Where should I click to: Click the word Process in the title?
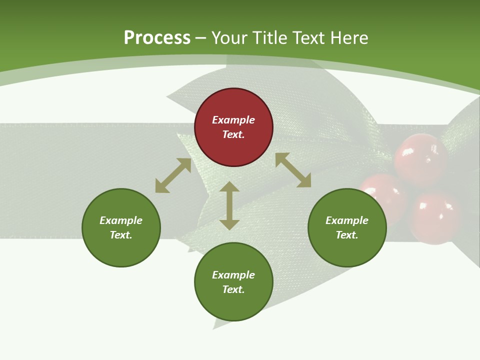(x=157, y=38)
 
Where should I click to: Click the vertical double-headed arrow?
(x=229, y=205)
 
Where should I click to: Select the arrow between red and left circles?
(x=173, y=175)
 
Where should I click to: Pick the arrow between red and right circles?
(x=293, y=170)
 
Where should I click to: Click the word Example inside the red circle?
(x=233, y=120)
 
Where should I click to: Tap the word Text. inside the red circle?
(x=233, y=134)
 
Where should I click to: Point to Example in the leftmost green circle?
(x=121, y=220)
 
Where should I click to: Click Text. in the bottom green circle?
(x=233, y=289)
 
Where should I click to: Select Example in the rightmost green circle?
(x=347, y=220)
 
